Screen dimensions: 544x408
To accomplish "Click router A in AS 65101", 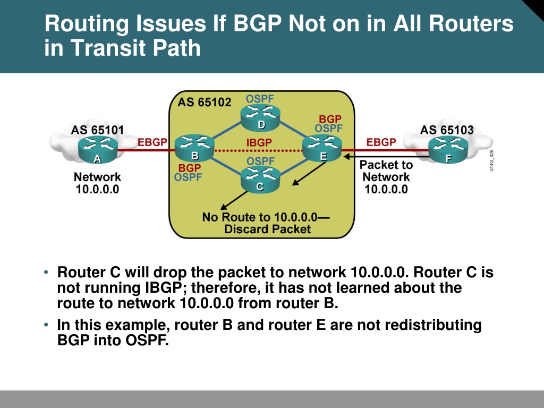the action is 98,149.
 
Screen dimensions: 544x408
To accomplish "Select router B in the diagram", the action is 194,148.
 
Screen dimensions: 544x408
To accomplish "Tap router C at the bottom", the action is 260,179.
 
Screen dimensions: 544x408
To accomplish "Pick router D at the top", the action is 260,117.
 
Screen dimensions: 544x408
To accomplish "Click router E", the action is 322,149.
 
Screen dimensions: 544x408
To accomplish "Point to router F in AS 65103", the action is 448,149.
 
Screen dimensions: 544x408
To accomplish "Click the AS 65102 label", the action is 205,103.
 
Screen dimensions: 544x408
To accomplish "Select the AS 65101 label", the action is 98,130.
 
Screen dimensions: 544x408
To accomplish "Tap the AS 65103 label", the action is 447,130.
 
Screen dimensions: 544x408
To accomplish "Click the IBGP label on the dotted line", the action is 259,142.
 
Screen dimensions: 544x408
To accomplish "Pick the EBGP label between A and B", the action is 152,142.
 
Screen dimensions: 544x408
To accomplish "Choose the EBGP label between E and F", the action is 381,142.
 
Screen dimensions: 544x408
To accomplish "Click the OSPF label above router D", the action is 260,99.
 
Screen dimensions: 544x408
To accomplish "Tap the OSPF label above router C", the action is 260,161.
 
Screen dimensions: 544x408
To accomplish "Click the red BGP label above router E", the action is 330,119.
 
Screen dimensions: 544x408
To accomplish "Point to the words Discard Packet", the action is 268,229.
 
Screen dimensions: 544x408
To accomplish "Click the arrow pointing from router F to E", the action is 386,157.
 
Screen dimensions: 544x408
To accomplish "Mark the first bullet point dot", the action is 46,273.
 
